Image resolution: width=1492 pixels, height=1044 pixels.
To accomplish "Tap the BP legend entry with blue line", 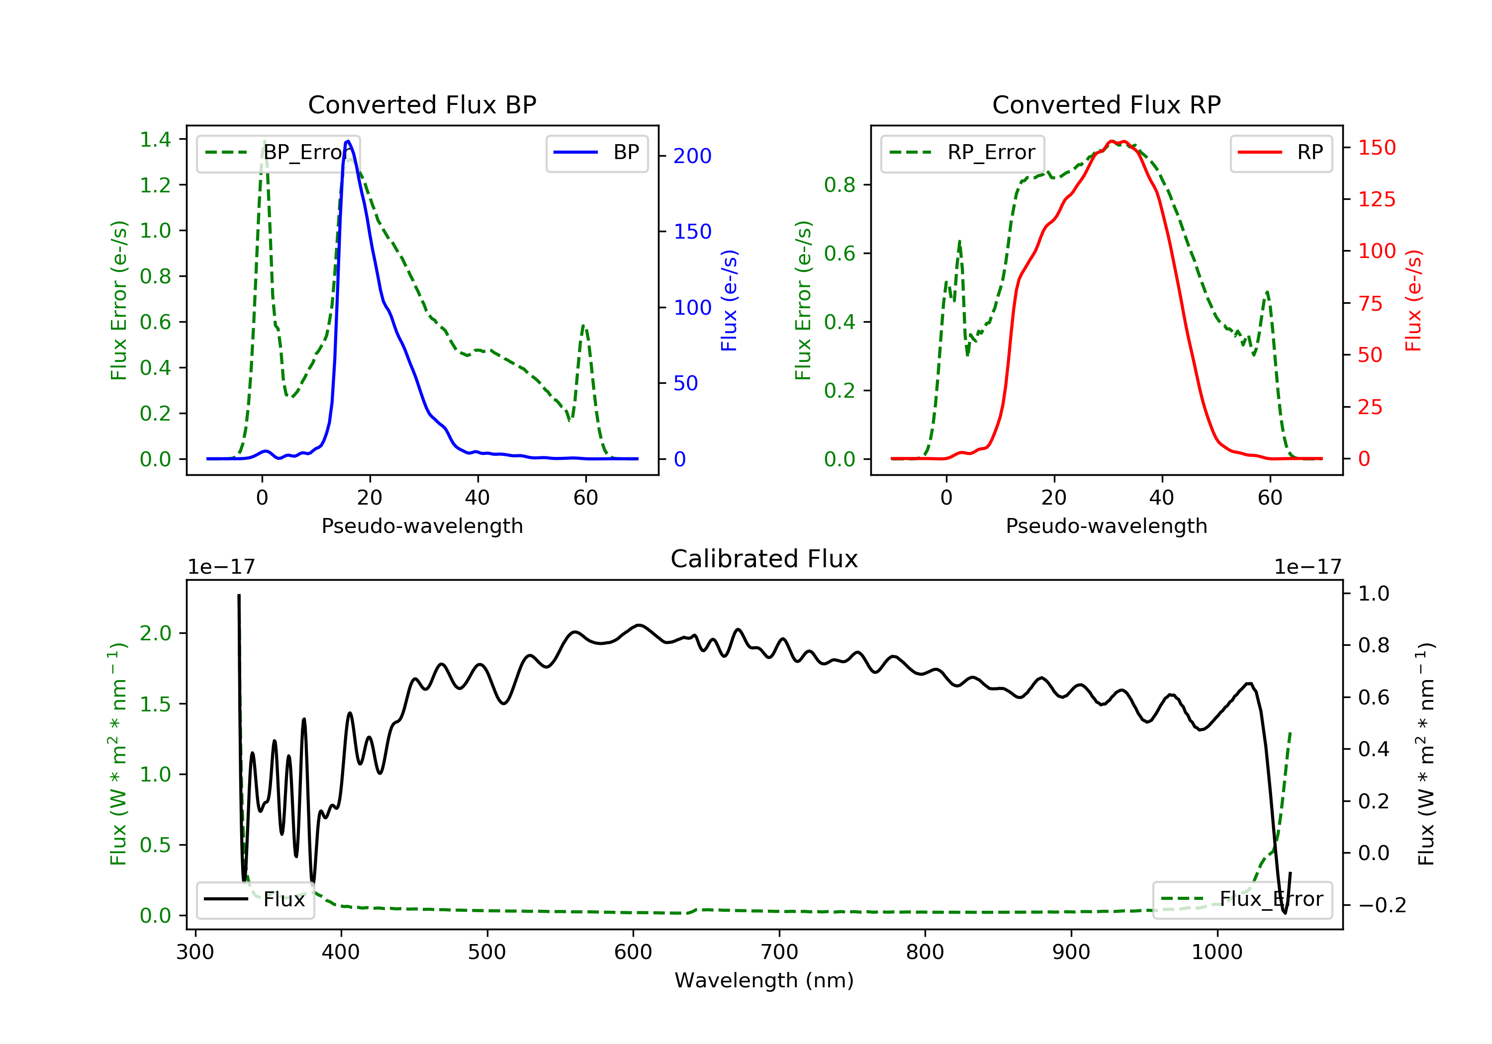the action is pos(596,153).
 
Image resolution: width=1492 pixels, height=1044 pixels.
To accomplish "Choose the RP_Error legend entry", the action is pos(962,153).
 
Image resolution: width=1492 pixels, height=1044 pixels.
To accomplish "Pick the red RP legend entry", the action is pos(1281,153).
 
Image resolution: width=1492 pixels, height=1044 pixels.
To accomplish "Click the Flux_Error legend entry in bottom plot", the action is pos(1242,899).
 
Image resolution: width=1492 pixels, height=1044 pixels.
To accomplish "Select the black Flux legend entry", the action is pos(255,899).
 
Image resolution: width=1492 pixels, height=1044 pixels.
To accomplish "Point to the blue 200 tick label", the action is pos(692,156).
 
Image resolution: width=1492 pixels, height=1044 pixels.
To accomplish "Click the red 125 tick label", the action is pos(1376,199).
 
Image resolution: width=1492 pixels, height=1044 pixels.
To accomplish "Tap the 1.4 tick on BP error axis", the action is pos(155,139).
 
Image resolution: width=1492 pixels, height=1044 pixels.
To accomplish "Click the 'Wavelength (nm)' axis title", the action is pos(764,980).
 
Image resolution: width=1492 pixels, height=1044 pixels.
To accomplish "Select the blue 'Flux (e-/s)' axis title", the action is pos(729,300).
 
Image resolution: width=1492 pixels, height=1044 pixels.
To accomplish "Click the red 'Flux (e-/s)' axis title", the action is pos(1413,300).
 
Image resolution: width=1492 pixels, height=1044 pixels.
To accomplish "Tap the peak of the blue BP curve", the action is pos(348,141).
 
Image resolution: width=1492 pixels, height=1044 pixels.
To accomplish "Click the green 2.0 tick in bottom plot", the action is pos(155,633).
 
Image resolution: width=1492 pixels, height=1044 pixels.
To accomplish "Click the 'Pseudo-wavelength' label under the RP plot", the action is pos(1106,525).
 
